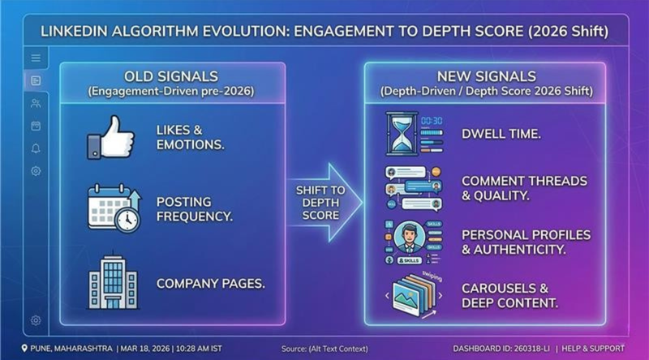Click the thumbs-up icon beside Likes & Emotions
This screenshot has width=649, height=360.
[x=110, y=137]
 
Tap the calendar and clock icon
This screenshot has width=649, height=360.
[x=113, y=208]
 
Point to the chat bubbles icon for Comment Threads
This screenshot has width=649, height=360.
[x=412, y=188]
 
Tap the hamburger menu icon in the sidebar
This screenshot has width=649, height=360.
[x=36, y=58]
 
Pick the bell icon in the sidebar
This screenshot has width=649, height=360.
[x=36, y=148]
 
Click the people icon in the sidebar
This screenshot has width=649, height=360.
[x=36, y=103]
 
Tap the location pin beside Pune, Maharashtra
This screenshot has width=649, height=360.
[x=25, y=348]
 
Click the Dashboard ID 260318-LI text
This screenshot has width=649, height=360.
[x=502, y=348]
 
